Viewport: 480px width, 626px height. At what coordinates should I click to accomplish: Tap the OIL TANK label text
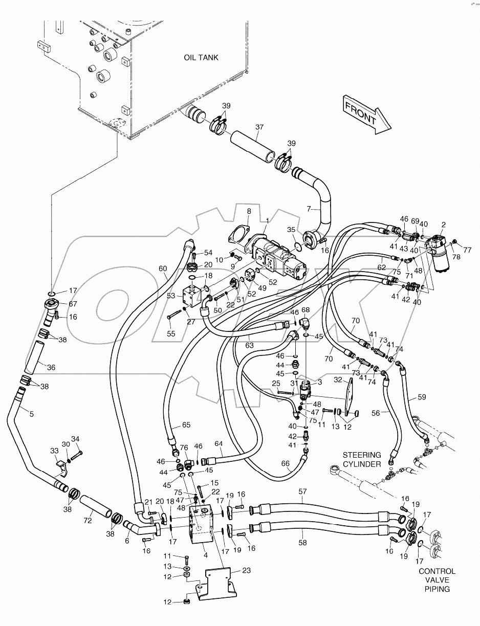[x=201, y=57]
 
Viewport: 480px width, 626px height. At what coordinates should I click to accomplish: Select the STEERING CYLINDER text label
[x=362, y=459]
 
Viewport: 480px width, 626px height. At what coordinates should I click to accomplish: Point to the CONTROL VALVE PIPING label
[x=437, y=580]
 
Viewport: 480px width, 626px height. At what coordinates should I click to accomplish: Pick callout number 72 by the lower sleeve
[x=88, y=521]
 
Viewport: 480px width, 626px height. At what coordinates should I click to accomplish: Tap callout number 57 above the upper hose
[x=302, y=492]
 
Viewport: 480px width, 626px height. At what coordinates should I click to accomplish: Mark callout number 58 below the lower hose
[x=302, y=543]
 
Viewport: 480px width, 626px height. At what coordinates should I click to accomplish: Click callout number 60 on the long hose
[x=163, y=269]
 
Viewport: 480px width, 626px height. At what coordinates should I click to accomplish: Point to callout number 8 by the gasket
[x=249, y=211]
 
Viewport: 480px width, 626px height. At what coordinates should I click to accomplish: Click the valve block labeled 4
[x=203, y=527]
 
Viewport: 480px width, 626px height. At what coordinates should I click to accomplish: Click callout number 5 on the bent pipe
[x=31, y=414]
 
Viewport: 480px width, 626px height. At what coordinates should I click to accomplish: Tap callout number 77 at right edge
[x=467, y=250]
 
